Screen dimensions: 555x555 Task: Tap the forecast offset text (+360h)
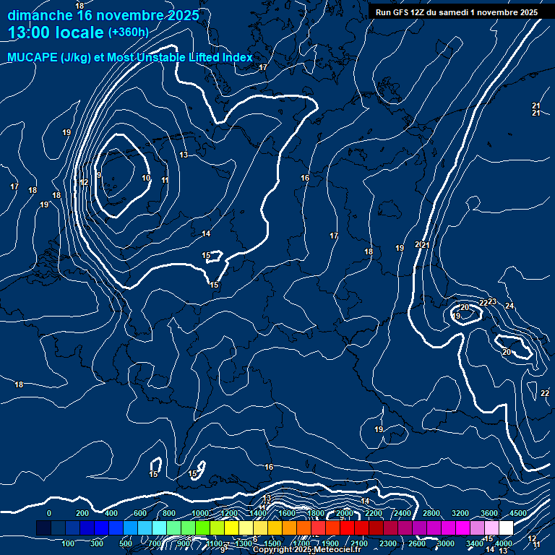point(128,33)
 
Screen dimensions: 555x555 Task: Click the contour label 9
point(98,176)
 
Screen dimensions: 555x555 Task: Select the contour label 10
point(146,178)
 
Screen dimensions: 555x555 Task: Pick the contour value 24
point(509,306)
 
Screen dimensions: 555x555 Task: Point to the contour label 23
point(492,301)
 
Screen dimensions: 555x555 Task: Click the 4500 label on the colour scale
point(518,513)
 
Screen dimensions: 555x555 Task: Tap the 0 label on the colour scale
point(49,513)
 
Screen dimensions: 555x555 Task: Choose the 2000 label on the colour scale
point(345,513)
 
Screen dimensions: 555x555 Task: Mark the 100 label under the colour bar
point(69,543)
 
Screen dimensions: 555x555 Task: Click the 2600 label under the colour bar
point(417,543)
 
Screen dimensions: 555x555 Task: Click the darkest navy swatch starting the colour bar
point(43,528)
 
